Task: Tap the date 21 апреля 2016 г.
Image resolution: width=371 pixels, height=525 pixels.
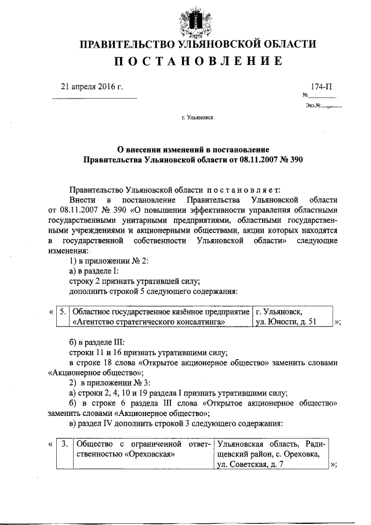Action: click(92, 87)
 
